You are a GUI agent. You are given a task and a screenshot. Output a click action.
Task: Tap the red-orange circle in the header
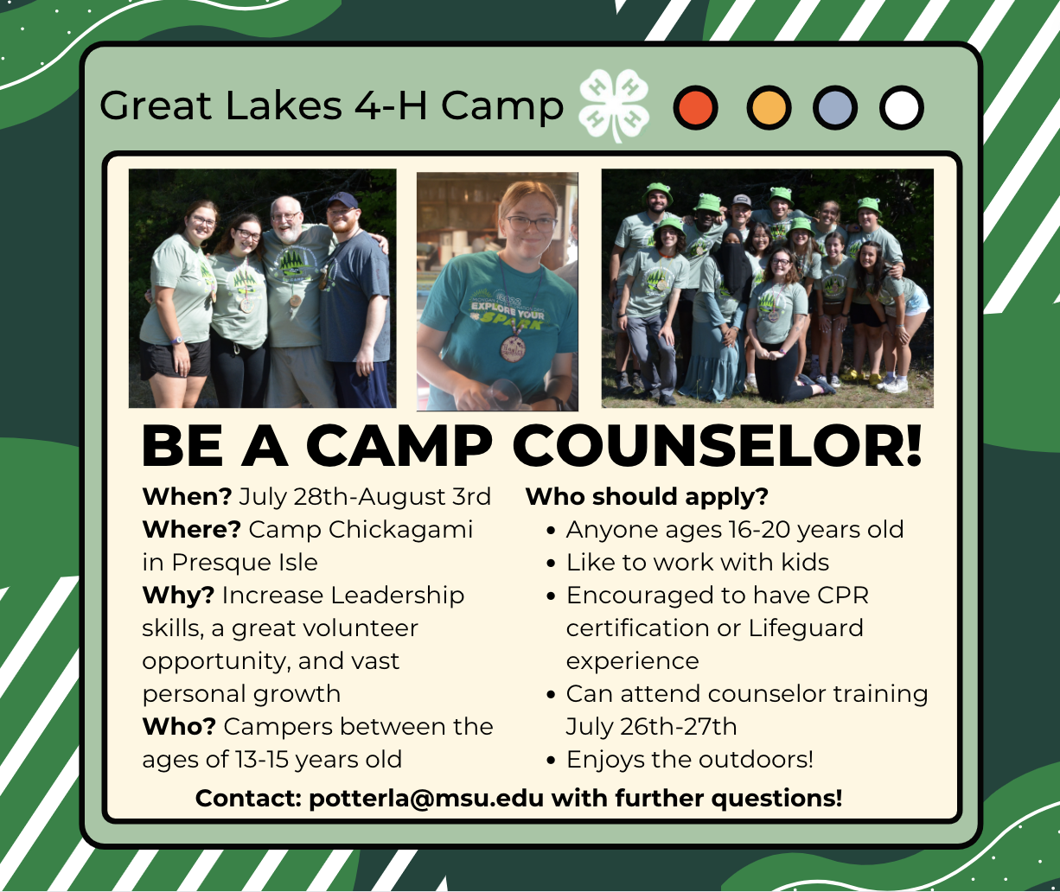(x=695, y=108)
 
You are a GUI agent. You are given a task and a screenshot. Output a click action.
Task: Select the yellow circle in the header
(x=768, y=108)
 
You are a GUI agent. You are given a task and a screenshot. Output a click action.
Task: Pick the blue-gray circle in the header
(x=834, y=108)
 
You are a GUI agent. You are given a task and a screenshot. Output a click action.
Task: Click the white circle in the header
(x=902, y=108)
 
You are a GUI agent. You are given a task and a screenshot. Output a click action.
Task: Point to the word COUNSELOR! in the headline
(x=717, y=448)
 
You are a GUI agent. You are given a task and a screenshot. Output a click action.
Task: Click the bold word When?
(x=187, y=497)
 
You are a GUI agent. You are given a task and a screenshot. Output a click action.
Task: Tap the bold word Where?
(x=191, y=529)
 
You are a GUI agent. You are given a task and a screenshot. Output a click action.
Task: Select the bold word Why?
(x=178, y=596)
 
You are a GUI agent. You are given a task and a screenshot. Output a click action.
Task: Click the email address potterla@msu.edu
(x=426, y=798)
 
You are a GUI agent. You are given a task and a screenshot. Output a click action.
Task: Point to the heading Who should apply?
(x=647, y=497)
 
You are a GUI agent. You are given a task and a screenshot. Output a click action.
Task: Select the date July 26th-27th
(x=651, y=727)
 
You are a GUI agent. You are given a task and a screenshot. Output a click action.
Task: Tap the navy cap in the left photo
(x=342, y=201)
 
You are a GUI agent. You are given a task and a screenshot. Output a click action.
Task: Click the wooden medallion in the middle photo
(x=513, y=349)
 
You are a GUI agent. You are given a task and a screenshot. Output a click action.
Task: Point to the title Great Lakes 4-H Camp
(x=331, y=106)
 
